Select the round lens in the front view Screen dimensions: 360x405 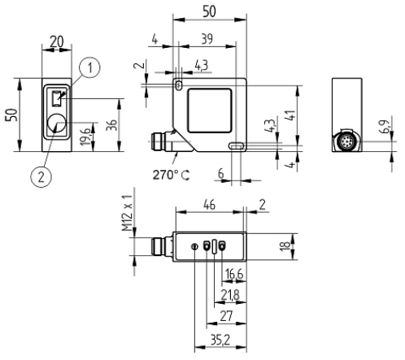pos(56,126)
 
